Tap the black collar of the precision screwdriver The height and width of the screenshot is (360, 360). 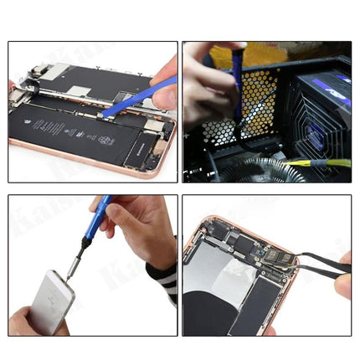(x=85, y=243)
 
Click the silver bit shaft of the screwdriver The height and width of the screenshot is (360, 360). (x=75, y=260)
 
